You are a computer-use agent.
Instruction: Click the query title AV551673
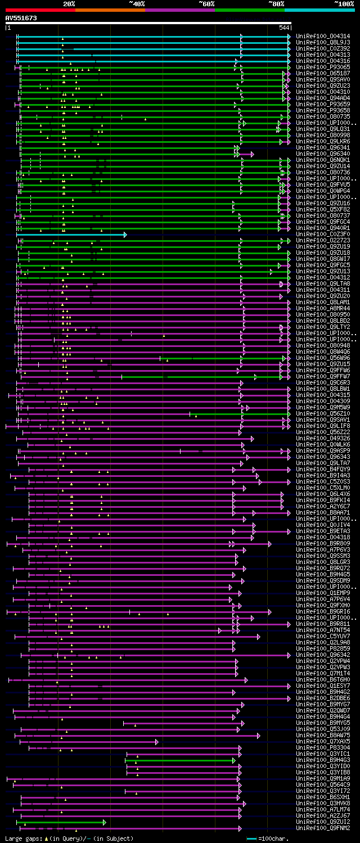21,18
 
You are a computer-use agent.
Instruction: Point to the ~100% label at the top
344,4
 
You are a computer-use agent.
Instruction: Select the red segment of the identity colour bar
40,10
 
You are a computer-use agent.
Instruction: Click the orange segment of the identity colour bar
110,10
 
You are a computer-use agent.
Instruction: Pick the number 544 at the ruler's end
284,28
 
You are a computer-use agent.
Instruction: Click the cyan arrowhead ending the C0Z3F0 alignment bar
125,235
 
